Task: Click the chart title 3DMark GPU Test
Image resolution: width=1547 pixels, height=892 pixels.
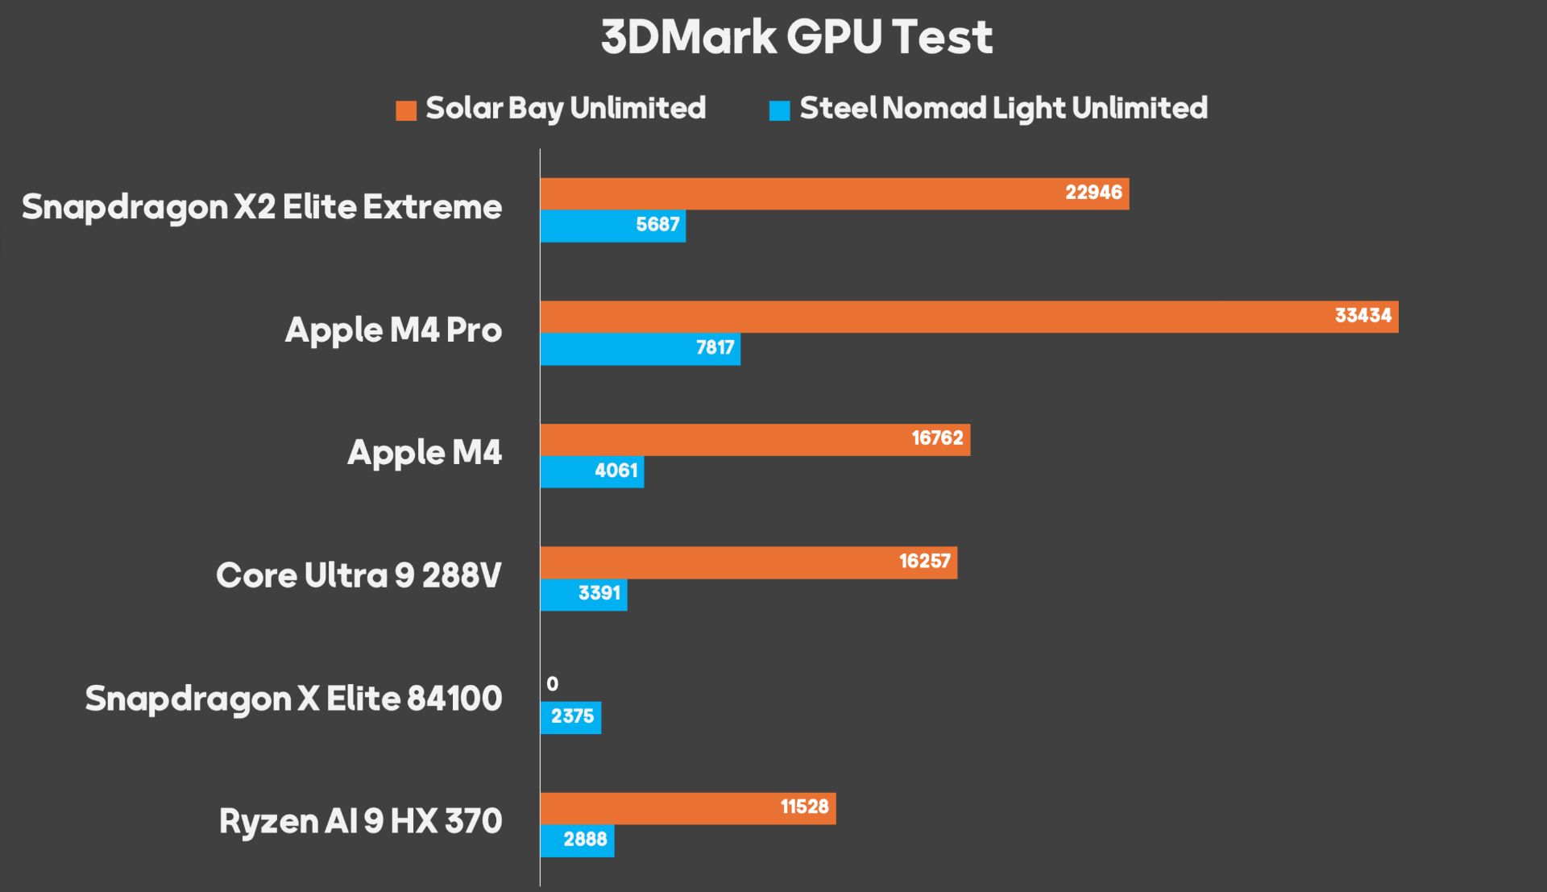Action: [x=796, y=37]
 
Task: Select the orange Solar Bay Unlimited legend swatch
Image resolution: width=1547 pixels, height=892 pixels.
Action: [x=406, y=110]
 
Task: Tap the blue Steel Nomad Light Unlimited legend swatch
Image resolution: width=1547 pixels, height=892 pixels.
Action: [x=779, y=110]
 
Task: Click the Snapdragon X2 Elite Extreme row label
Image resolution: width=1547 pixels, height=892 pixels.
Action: [x=262, y=207]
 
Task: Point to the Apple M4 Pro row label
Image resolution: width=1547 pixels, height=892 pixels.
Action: [x=393, y=330]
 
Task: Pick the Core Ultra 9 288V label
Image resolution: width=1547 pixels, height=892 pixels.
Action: [x=359, y=575]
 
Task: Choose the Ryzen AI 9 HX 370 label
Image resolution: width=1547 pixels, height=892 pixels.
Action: [x=360, y=822]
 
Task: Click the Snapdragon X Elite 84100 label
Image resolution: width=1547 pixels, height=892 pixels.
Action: [x=293, y=699]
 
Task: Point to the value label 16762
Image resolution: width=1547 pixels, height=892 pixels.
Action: [x=937, y=438]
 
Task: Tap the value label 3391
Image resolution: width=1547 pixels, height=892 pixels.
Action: [x=599, y=594]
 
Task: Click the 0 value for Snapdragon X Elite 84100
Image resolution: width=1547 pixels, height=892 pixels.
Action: [x=552, y=684]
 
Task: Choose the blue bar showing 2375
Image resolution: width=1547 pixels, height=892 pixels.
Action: [x=570, y=717]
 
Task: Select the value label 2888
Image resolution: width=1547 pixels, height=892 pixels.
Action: [x=585, y=840]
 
